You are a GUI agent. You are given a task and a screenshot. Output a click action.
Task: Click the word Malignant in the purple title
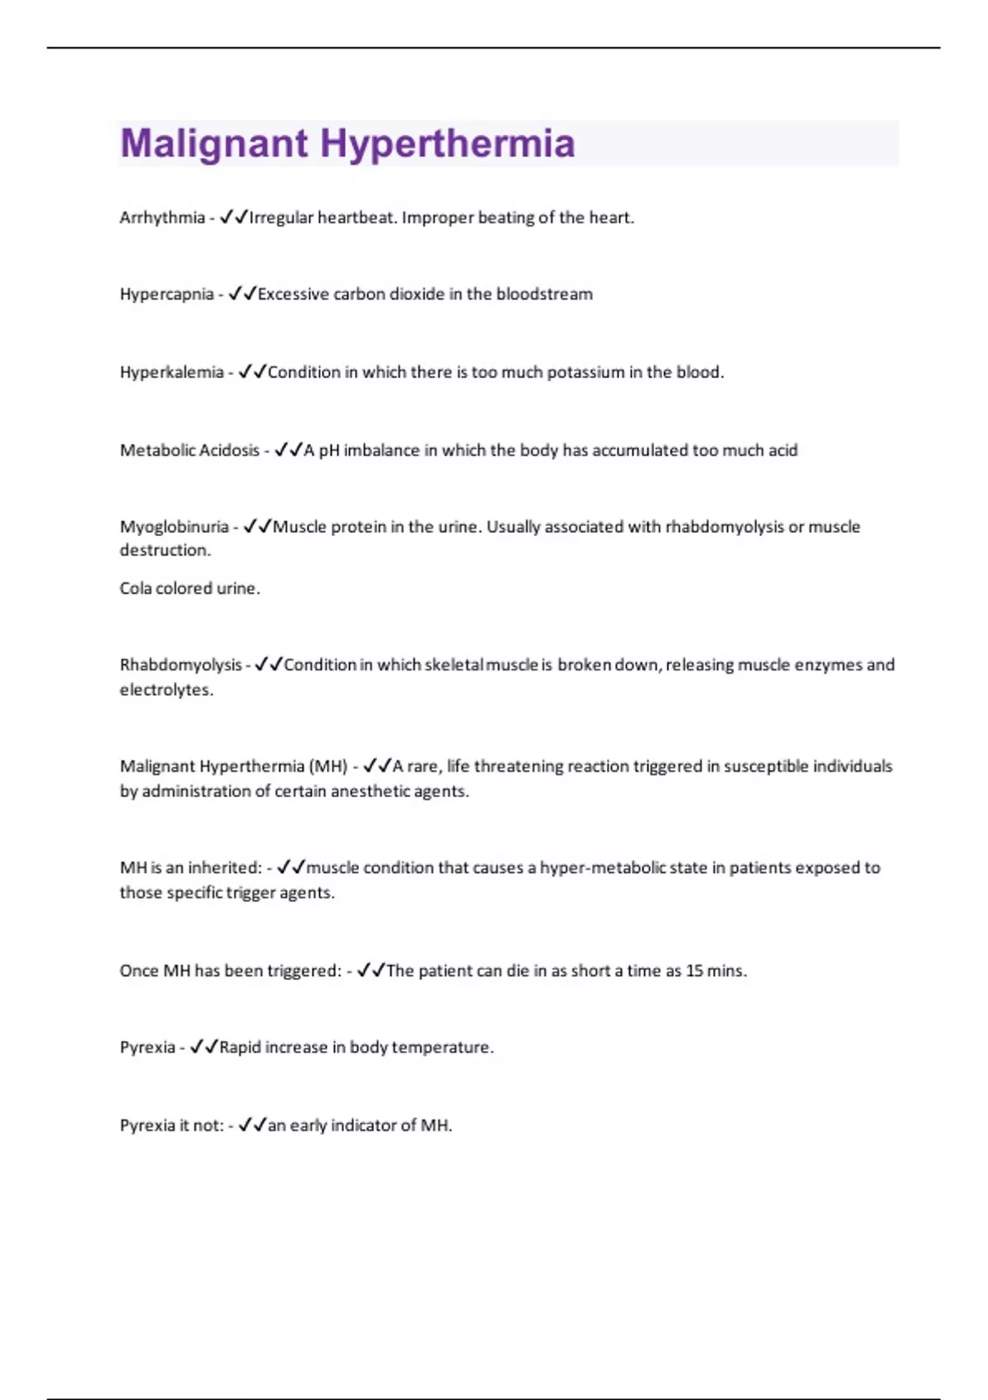(x=214, y=143)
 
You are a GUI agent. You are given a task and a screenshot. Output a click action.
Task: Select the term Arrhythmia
(x=162, y=217)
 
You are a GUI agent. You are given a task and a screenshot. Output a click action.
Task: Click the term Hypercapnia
(x=166, y=294)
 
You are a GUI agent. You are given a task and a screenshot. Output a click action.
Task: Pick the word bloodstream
(x=544, y=294)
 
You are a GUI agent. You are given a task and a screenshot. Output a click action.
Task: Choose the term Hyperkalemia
(x=171, y=372)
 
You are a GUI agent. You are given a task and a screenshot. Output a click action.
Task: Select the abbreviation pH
(x=329, y=450)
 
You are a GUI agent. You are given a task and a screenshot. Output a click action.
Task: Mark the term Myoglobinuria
(x=174, y=527)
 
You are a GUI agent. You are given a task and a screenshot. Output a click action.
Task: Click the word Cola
(x=135, y=589)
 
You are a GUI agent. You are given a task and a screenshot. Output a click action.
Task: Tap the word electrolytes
(x=165, y=690)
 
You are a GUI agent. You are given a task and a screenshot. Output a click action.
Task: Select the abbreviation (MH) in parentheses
(x=328, y=767)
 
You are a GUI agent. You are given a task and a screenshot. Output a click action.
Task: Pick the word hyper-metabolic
(x=604, y=868)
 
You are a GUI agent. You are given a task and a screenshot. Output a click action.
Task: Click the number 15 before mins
(x=695, y=971)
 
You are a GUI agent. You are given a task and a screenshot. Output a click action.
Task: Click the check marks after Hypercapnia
(x=243, y=294)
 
